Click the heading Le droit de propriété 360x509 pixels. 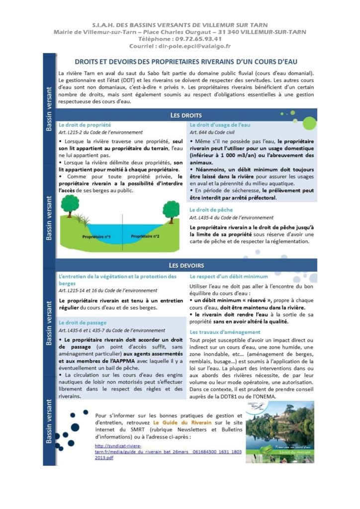pyautogui.click(x=85, y=125)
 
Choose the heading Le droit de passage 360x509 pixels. pyautogui.click(x=83, y=323)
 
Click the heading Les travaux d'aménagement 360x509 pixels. pyautogui.click(x=225, y=332)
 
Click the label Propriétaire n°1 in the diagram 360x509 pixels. pyautogui.click(x=96, y=236)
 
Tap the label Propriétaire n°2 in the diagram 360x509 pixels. pyautogui.click(x=145, y=236)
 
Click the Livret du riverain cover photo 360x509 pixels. pyautogui.click(x=279, y=425)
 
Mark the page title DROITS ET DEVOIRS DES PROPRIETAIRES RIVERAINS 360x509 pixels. pyautogui.click(x=185, y=62)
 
